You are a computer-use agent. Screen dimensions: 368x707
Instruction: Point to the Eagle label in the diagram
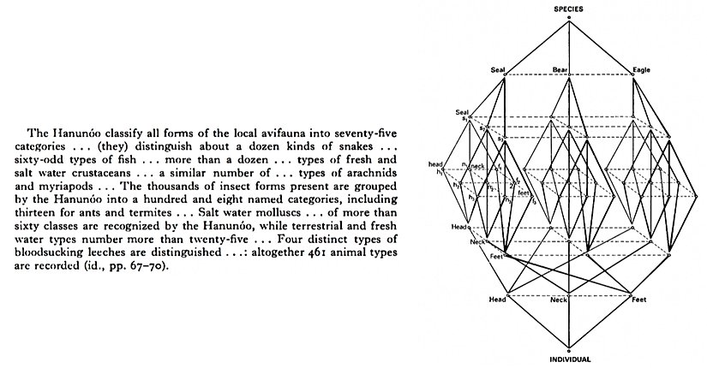pyautogui.click(x=641, y=69)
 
